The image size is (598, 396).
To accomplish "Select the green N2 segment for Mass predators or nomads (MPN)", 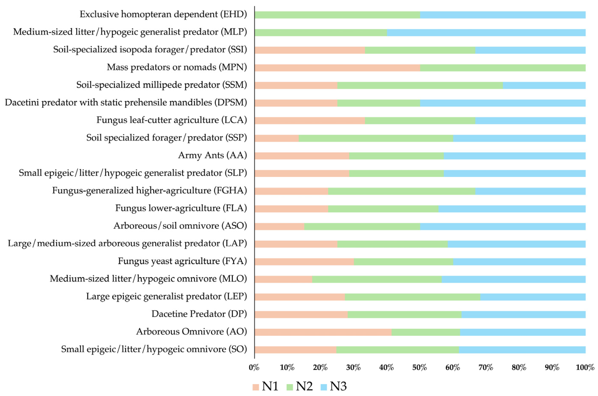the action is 503,68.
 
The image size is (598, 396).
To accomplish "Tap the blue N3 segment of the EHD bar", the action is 503,15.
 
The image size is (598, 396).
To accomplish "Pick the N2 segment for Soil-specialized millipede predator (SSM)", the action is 420,85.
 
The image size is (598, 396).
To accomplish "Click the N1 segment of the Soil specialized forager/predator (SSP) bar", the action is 277,138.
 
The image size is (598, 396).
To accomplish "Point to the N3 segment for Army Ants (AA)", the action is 515,156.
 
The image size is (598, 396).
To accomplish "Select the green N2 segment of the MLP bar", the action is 321,33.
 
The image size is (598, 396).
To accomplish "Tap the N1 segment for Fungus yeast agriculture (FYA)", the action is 304,262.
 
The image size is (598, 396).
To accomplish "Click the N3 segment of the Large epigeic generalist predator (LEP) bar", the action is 533,297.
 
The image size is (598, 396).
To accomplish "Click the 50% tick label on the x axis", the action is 420,368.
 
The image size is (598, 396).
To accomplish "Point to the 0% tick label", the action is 254,368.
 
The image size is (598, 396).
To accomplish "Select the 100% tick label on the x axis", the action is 585,368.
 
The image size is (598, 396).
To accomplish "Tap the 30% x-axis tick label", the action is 353,368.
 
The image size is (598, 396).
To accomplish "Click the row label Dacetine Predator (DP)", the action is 199,314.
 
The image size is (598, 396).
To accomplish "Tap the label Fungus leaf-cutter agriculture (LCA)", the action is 171,120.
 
